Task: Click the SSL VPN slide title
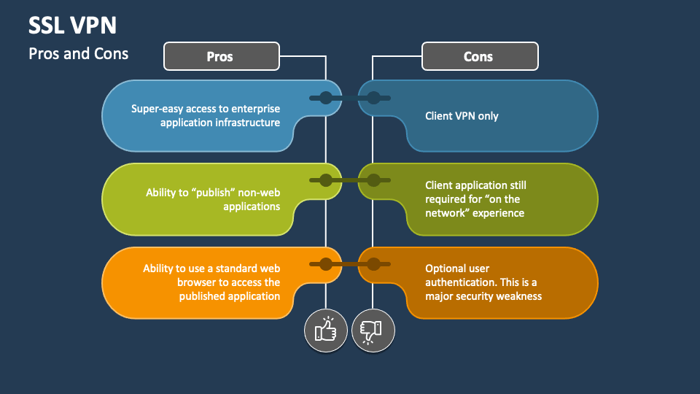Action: pyautogui.click(x=72, y=26)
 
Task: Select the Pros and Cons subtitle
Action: pyautogui.click(x=78, y=53)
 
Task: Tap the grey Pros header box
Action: pyautogui.click(x=221, y=56)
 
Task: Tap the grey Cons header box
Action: pyautogui.click(x=479, y=56)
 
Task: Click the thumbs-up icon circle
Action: pyautogui.click(x=325, y=331)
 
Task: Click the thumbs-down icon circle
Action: pyautogui.click(x=373, y=331)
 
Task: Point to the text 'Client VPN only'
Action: pyautogui.click(x=462, y=116)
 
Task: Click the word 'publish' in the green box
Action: pyautogui.click(x=214, y=193)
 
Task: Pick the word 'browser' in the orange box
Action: pyautogui.click(x=196, y=282)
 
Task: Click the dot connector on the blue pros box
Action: pyautogui.click(x=325, y=98)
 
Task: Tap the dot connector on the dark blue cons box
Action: pyautogui.click(x=373, y=98)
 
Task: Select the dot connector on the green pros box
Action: pyautogui.click(x=325, y=180)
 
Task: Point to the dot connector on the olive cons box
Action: pyautogui.click(x=373, y=180)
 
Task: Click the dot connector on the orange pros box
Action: pyautogui.click(x=325, y=263)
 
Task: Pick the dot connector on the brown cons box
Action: pyautogui.click(x=373, y=263)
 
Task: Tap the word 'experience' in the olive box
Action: pyautogui.click(x=497, y=213)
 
